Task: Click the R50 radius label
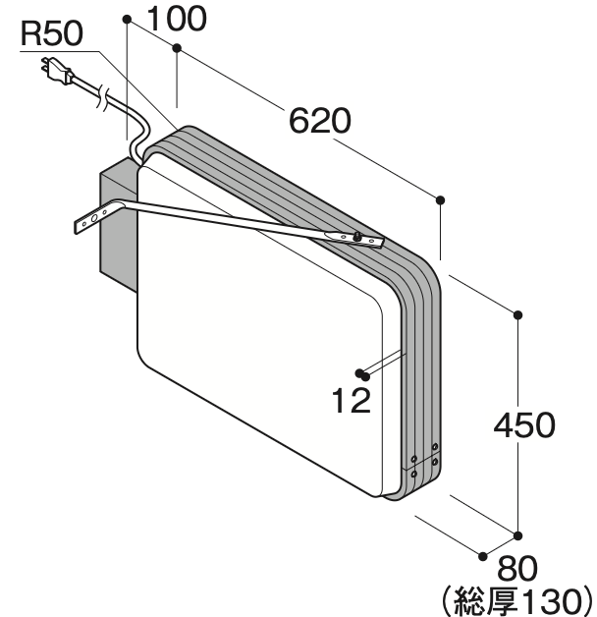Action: [52, 33]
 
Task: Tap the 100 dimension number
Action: [177, 19]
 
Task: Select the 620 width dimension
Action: [320, 121]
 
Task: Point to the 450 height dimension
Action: [524, 425]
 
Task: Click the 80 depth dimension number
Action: [517, 568]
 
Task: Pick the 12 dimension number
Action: [352, 401]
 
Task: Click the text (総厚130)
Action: [516, 601]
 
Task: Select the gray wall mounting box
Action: [118, 224]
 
